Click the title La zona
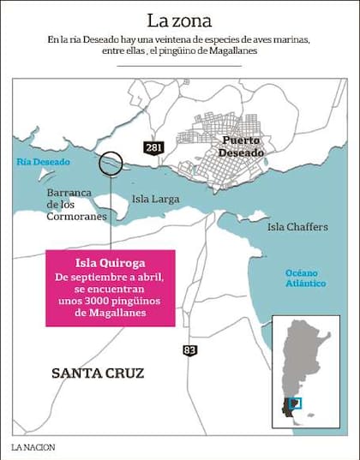click(180, 20)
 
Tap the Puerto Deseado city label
click(239, 146)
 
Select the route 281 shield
click(153, 147)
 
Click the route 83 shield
click(189, 349)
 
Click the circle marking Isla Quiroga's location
click(111, 163)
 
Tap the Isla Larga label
click(156, 199)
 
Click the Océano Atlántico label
click(306, 278)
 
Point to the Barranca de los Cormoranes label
click(76, 205)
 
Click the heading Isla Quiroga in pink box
click(111, 263)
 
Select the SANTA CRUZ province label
click(98, 373)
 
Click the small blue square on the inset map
click(297, 403)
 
